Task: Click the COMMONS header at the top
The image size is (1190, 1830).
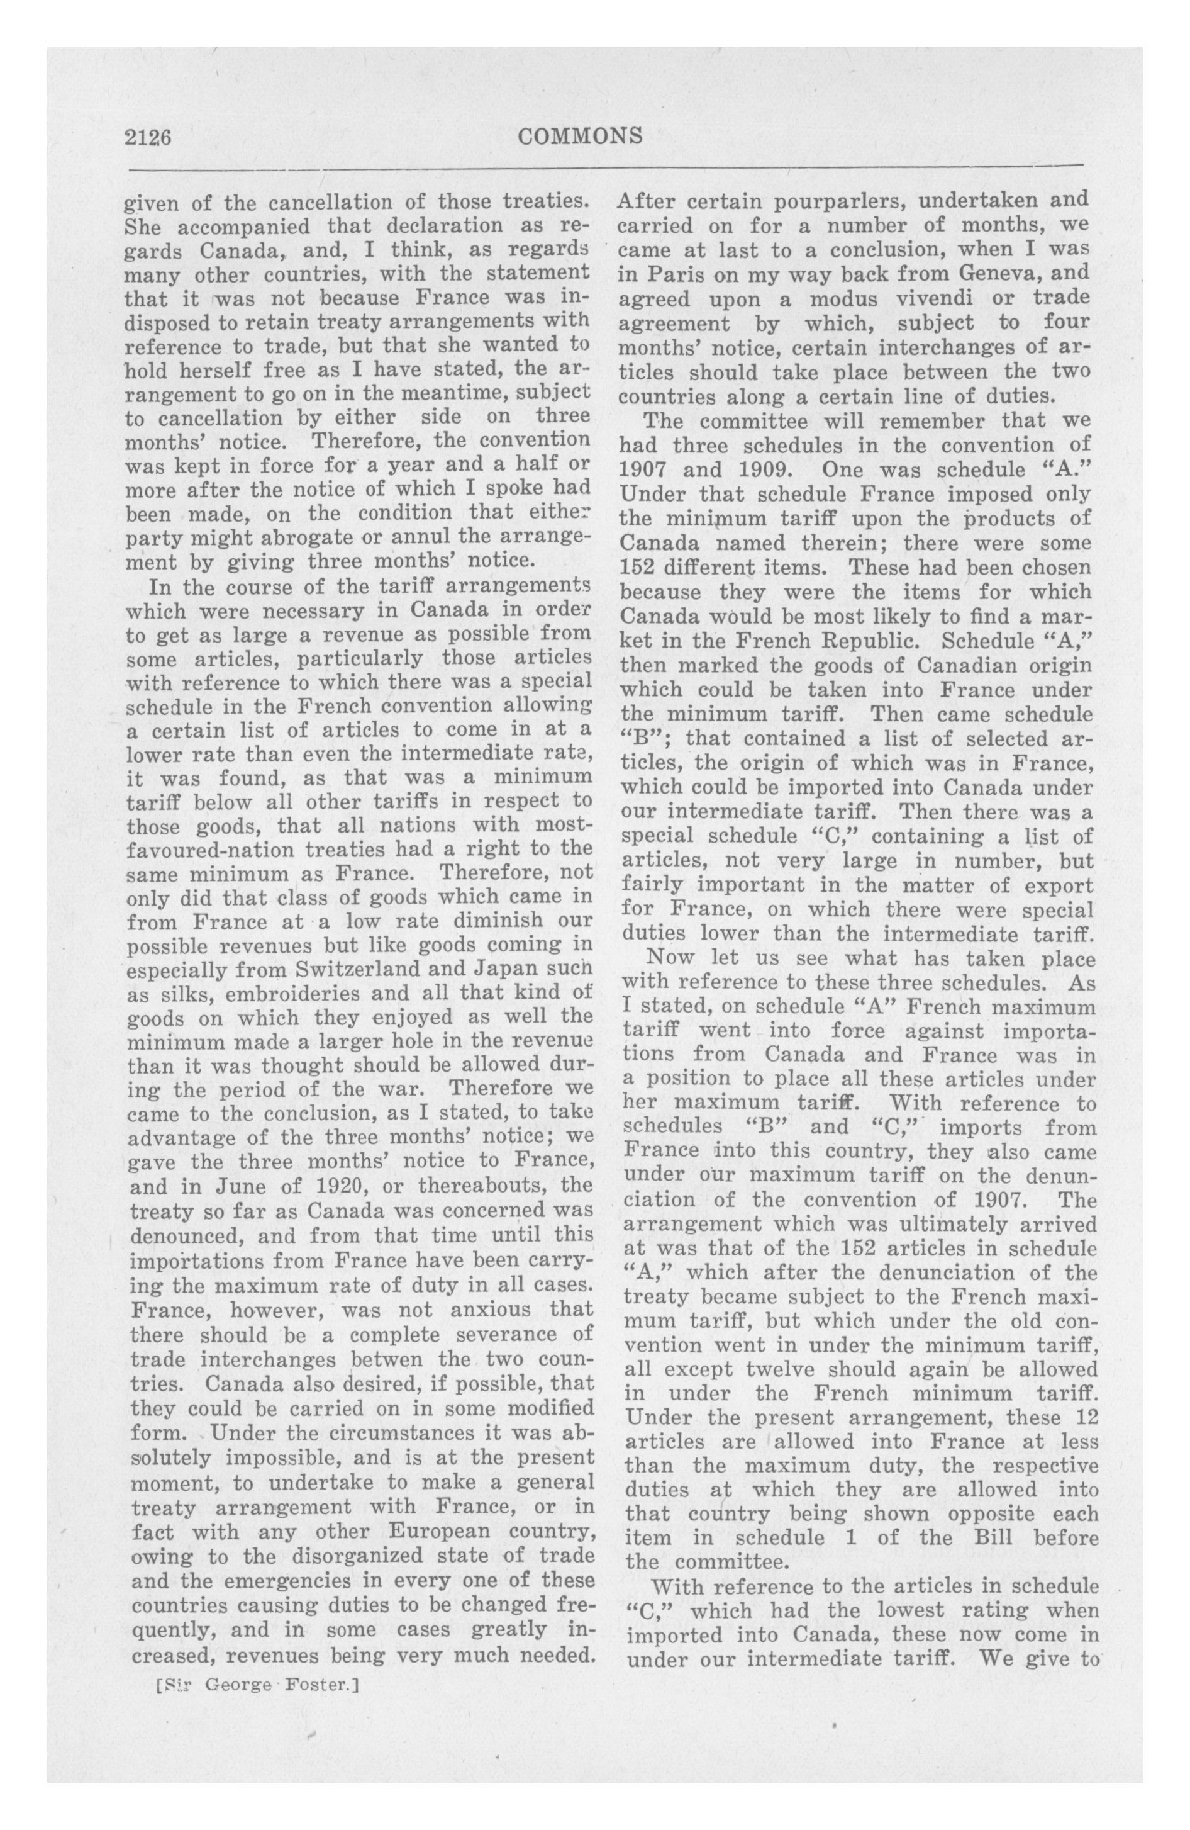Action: coord(581,136)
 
